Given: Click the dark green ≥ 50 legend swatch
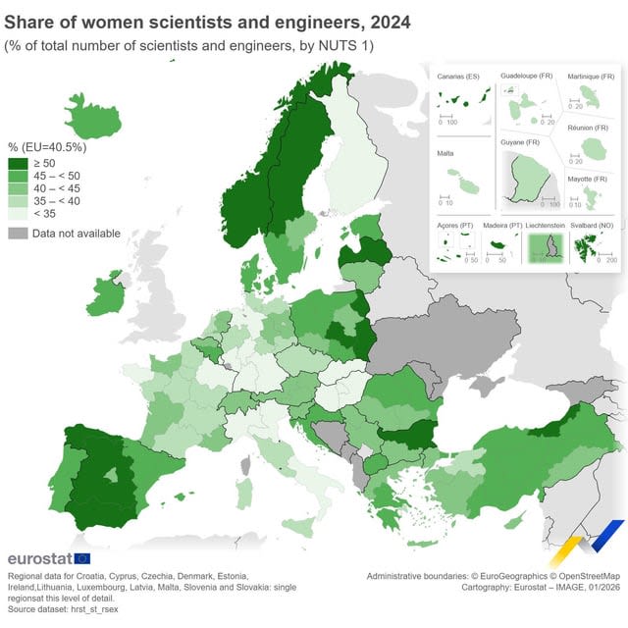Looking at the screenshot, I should tap(18, 163).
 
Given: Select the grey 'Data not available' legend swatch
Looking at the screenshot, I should tap(18, 234).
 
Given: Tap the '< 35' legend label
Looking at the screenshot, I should tap(44, 213).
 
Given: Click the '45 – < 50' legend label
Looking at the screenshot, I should tap(58, 175).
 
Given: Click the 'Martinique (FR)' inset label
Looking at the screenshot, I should tap(592, 76).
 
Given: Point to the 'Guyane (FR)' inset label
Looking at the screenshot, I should tap(520, 142).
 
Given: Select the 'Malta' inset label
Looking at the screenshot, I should tap(445, 154).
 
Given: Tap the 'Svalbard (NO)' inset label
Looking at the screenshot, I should tap(593, 225).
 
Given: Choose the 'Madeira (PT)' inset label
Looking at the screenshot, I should tap(502, 225).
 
